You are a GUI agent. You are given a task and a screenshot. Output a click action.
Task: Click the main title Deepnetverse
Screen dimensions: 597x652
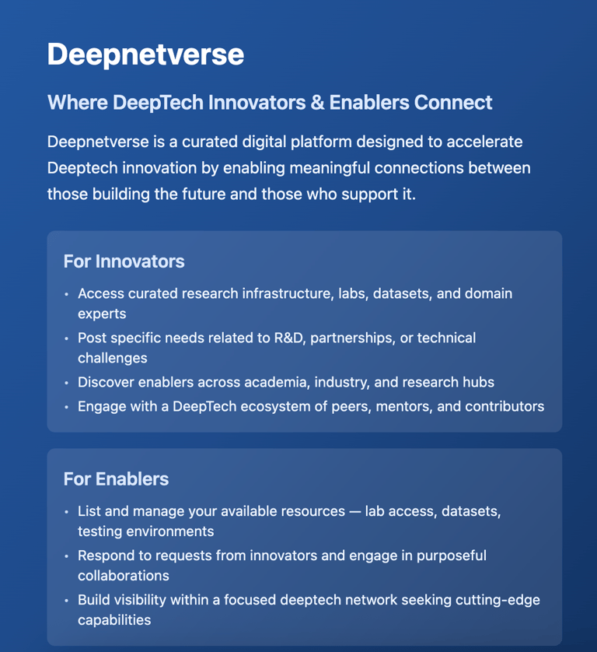coord(145,55)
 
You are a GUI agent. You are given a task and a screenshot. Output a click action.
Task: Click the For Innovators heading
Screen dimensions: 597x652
coord(124,261)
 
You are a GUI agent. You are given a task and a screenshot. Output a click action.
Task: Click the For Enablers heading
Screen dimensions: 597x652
coord(116,478)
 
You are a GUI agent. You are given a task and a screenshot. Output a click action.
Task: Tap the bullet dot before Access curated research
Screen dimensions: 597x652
coord(67,294)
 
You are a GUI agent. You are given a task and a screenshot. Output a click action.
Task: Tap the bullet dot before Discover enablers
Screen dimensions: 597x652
coord(67,383)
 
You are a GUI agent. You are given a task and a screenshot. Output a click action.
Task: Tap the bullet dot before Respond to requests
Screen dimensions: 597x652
coord(67,556)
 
